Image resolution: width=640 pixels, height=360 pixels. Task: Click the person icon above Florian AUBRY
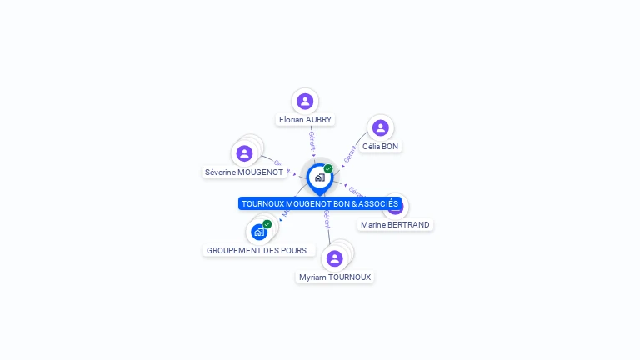pos(305,101)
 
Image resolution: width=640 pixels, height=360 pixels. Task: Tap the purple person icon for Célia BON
pos(380,127)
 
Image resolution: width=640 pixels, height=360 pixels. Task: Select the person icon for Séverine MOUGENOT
pos(244,153)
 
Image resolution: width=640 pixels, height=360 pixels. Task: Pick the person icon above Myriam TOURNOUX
pos(334,258)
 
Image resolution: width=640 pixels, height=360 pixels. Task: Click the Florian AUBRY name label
pos(305,120)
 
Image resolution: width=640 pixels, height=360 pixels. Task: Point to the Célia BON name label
pos(380,147)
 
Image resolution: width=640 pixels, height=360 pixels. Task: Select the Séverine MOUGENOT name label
pos(244,172)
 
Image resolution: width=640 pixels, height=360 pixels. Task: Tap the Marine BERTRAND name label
pos(395,225)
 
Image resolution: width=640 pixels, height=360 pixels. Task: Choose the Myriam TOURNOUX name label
pos(335,277)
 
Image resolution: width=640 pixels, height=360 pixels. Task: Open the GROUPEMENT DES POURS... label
pos(259,250)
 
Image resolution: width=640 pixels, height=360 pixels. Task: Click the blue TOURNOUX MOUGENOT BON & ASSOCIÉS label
pos(320,203)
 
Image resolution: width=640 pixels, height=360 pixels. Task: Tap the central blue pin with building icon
pos(319,177)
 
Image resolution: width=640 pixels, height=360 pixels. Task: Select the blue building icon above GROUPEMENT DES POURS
pos(258,232)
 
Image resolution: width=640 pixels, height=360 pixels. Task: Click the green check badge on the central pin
pos(328,168)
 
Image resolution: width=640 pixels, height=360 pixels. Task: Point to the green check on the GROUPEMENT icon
pos(267,223)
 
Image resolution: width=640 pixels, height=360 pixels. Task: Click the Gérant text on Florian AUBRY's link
pos(312,140)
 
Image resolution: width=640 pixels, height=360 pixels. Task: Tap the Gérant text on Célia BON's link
pos(350,153)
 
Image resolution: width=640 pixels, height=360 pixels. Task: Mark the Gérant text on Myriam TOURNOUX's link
pos(327,220)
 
